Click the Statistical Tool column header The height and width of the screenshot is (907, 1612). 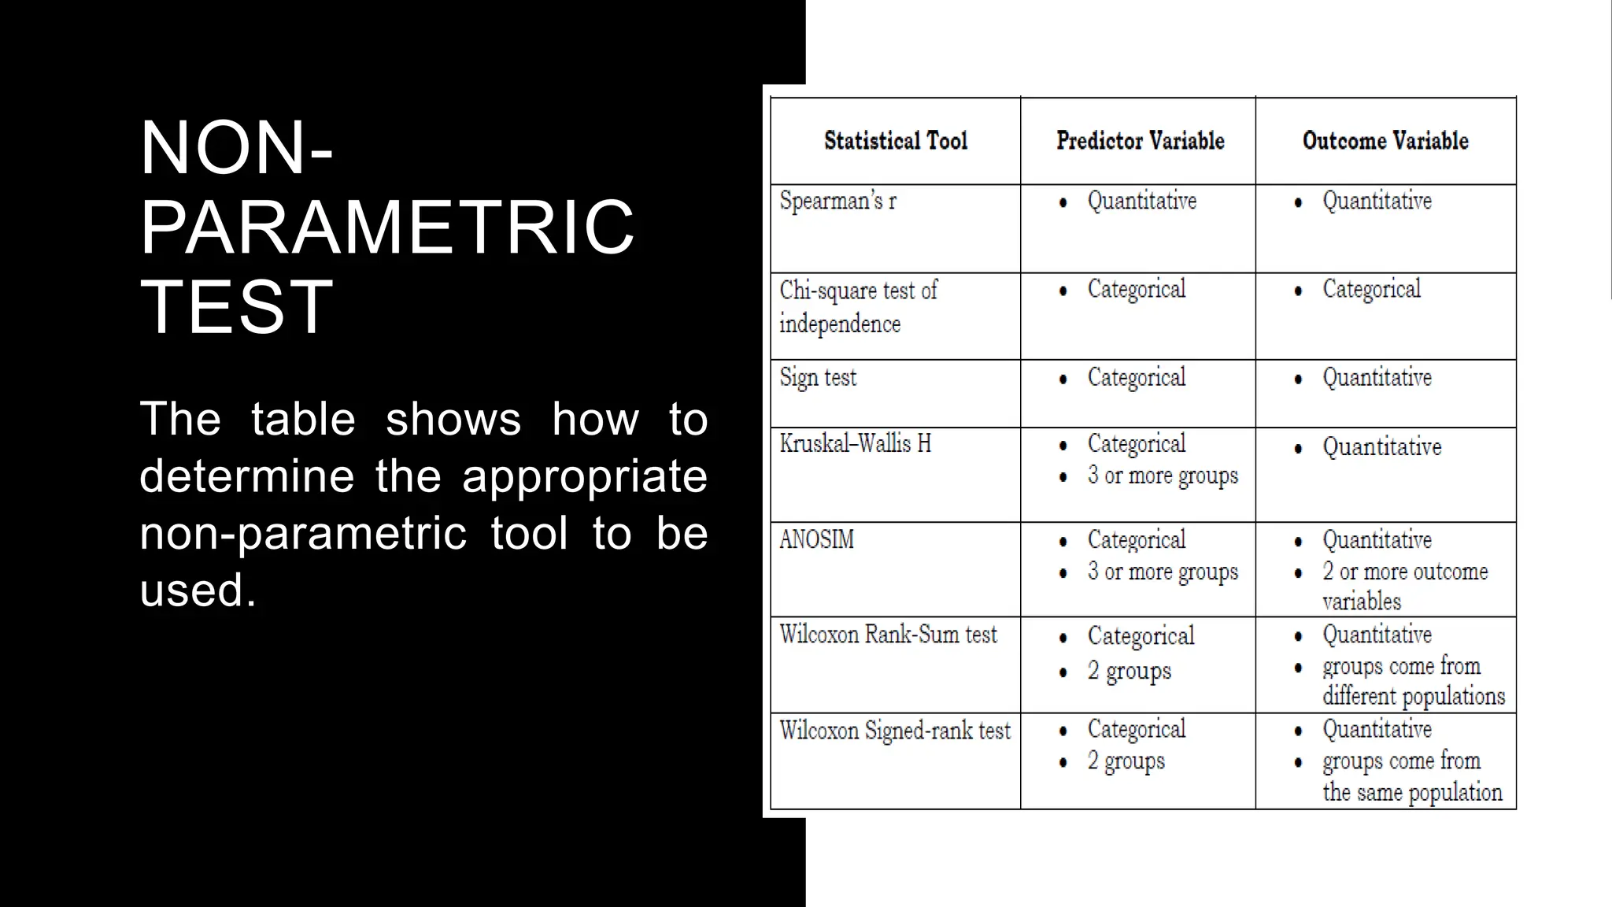pyautogui.click(x=895, y=141)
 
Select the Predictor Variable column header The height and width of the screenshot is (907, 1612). pyautogui.click(x=1140, y=141)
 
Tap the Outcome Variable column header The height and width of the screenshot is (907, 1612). pyautogui.click(x=1385, y=141)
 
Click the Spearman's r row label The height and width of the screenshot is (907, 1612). pyautogui.click(x=837, y=202)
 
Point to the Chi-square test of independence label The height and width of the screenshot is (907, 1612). pyautogui.click(x=858, y=307)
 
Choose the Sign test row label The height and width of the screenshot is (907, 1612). pyautogui.click(x=818, y=378)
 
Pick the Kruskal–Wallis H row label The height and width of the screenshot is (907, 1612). pyautogui.click(x=855, y=444)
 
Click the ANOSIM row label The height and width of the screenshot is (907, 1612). pyautogui.click(x=816, y=540)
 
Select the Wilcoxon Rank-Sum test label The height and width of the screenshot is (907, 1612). pyautogui.click(x=888, y=635)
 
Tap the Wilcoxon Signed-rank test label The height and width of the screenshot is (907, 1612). pyautogui.click(x=895, y=731)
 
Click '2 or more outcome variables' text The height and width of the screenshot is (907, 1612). pyautogui.click(x=1405, y=587)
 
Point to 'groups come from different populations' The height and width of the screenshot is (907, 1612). pyautogui.click(x=1413, y=681)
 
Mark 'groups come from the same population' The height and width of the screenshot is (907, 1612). pyautogui.click(x=1412, y=777)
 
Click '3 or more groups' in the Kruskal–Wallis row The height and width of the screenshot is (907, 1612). pyautogui.click(x=1163, y=476)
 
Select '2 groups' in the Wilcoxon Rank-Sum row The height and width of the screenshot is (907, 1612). pyautogui.click(x=1129, y=671)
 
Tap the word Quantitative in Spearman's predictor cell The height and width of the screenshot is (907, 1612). pyautogui.click(x=1141, y=202)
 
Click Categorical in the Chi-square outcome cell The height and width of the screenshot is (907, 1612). pyautogui.click(x=1371, y=290)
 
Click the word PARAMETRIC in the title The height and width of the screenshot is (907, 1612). pyautogui.click(x=387, y=228)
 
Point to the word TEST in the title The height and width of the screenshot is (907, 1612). pyautogui.click(x=237, y=306)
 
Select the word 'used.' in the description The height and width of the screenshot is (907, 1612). pyautogui.click(x=198, y=590)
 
